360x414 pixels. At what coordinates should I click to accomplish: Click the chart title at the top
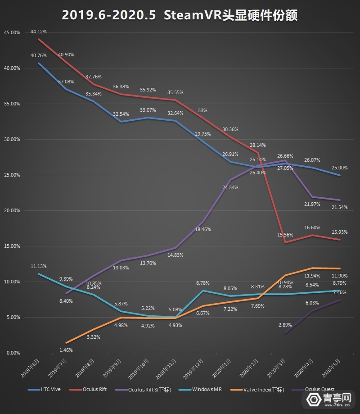pyautogui.click(x=180, y=15)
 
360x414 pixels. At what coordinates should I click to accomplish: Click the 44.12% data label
pyautogui.click(x=39, y=32)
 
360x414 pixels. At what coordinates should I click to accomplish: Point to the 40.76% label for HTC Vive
pyautogui.click(x=39, y=56)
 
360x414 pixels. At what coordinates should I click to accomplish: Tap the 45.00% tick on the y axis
pyautogui.click(x=12, y=33)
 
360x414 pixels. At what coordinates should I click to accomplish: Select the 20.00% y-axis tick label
pyautogui.click(x=12, y=211)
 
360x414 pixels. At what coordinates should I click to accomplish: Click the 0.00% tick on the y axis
pyautogui.click(x=13, y=353)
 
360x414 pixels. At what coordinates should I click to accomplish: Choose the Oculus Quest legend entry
pyautogui.click(x=319, y=390)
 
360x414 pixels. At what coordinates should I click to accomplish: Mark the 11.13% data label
pyautogui.click(x=39, y=266)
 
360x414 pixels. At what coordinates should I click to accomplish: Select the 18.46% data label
pyautogui.click(x=202, y=229)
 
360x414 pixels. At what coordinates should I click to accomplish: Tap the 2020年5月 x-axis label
pyautogui.click(x=332, y=367)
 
